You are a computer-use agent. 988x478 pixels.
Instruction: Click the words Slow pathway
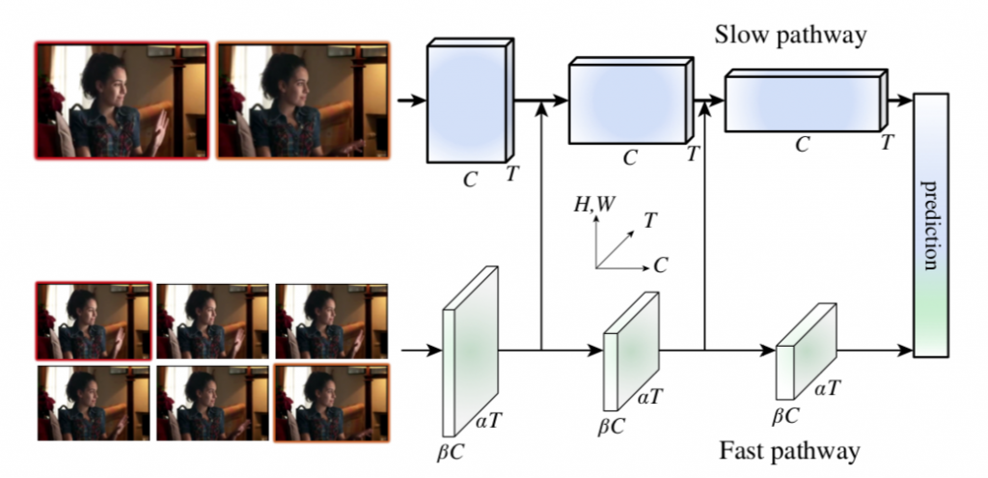[789, 37]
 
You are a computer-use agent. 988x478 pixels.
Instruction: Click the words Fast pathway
[789, 450]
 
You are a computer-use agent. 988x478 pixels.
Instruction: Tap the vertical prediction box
[930, 224]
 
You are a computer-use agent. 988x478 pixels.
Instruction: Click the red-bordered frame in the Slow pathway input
[122, 99]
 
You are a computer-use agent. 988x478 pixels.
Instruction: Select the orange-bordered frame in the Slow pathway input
[303, 99]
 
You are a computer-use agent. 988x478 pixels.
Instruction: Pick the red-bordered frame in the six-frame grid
[94, 319]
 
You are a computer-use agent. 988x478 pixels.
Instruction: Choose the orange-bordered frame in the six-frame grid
[331, 401]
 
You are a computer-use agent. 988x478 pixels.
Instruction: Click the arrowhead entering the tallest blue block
[420, 99]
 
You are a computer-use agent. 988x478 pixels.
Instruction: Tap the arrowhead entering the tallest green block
[434, 350]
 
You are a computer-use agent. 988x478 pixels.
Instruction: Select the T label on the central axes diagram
[652, 220]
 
